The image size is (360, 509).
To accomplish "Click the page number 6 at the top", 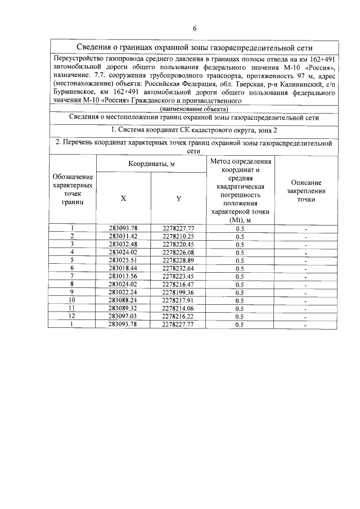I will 194,28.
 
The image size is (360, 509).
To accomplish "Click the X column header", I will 123,198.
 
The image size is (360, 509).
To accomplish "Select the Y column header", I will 179,198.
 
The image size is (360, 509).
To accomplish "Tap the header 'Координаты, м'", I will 151,164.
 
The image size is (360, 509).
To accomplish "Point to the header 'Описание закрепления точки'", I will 306,191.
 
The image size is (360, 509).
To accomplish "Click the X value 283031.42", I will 123,236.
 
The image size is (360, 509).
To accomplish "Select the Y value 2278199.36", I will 179,292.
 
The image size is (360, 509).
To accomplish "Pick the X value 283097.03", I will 123,317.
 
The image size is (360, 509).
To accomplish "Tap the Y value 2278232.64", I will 179,268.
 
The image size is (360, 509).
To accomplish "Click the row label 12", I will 72,317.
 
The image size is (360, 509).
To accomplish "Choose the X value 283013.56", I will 123,276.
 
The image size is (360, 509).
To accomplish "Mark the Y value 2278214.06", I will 179,309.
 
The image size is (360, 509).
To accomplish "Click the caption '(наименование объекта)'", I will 193,108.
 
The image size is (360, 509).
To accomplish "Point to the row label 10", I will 72,300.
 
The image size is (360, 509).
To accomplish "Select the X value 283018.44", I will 123,268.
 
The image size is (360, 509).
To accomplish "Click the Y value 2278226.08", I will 179,253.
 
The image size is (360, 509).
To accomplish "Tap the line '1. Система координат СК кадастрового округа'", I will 193,130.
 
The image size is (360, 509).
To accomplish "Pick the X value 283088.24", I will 123,300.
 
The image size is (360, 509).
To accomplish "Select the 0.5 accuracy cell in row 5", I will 240,260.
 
